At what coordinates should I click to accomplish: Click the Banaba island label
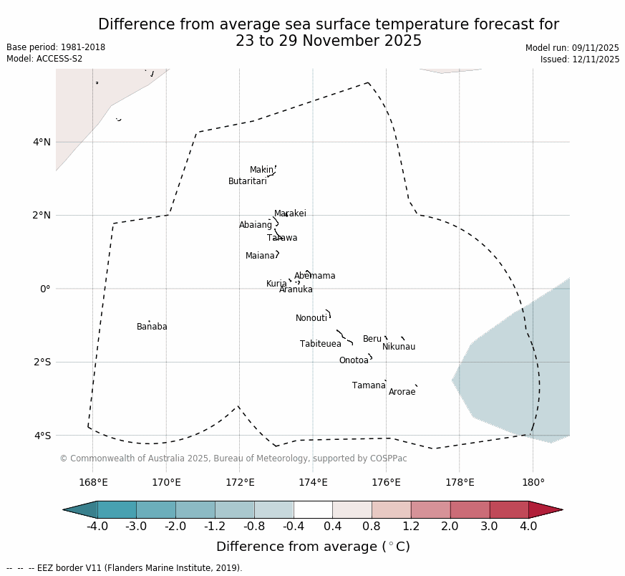(x=152, y=327)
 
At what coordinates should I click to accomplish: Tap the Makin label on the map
(x=261, y=170)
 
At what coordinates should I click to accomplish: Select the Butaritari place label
(x=247, y=181)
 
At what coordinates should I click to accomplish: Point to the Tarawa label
(x=282, y=238)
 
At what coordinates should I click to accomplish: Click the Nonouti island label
(x=311, y=318)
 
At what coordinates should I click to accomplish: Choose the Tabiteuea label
(x=321, y=344)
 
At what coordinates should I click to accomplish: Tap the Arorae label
(x=402, y=392)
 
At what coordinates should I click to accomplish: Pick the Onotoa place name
(x=354, y=360)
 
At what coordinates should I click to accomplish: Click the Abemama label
(x=314, y=276)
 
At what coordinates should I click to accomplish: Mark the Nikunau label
(x=399, y=347)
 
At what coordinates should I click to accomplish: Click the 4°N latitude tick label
(x=42, y=142)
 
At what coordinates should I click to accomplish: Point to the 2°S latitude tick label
(x=42, y=362)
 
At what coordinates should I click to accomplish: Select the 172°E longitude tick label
(x=239, y=482)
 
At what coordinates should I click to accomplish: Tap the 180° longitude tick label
(x=533, y=482)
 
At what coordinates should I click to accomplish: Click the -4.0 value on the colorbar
(x=97, y=527)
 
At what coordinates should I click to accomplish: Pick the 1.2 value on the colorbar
(x=411, y=527)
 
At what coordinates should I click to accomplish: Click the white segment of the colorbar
(x=313, y=509)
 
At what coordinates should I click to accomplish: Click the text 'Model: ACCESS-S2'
(x=44, y=59)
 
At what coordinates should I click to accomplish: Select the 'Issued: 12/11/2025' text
(x=580, y=59)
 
